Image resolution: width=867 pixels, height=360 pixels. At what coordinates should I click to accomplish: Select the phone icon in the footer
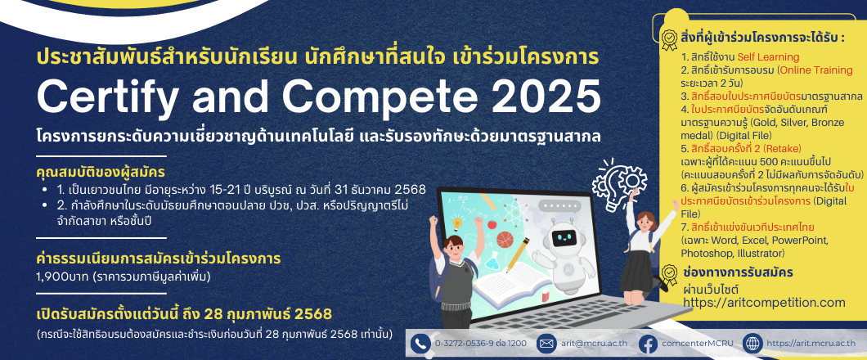coord(420,344)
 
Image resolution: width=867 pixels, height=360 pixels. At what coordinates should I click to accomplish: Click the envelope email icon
coord(547,344)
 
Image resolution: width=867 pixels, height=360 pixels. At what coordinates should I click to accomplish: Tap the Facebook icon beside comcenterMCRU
coord(648,344)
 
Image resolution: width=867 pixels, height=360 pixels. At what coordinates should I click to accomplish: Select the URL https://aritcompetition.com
coord(764,303)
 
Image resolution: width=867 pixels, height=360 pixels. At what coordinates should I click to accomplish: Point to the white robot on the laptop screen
coord(565,250)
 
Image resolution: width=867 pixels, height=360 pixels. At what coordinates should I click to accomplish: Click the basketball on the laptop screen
coord(505,240)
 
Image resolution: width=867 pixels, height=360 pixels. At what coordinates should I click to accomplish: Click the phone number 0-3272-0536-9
coord(465,344)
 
